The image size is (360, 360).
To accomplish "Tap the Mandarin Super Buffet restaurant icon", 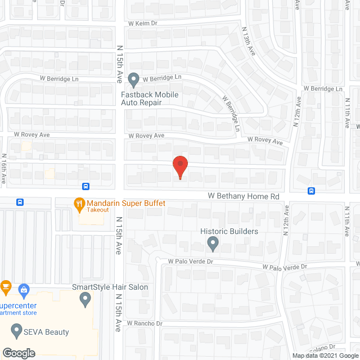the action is pos(79,202).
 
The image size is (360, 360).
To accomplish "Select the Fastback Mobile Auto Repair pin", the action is pos(133,80).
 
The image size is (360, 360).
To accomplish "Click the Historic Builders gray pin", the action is pos(213,244).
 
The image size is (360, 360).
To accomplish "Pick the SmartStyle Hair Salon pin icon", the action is pos(85,298).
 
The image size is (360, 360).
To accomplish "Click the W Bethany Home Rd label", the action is pos(244,196).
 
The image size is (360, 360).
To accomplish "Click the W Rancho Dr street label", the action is pos(145,323).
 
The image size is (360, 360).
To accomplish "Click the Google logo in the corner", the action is pos(18,353).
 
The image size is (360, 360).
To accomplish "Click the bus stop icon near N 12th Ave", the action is pos(312,191).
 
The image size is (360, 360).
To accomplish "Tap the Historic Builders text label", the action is pos(229,231).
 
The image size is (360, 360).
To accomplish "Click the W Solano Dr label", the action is pos(321,347).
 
